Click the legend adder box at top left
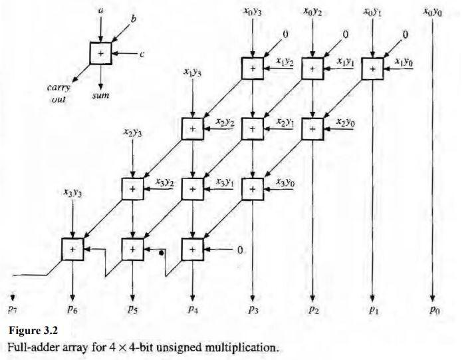point(100,53)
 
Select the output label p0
point(433,309)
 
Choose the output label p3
point(253,309)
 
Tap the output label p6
point(72,309)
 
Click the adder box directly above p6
point(73,249)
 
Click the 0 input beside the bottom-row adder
point(241,249)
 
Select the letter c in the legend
point(142,54)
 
